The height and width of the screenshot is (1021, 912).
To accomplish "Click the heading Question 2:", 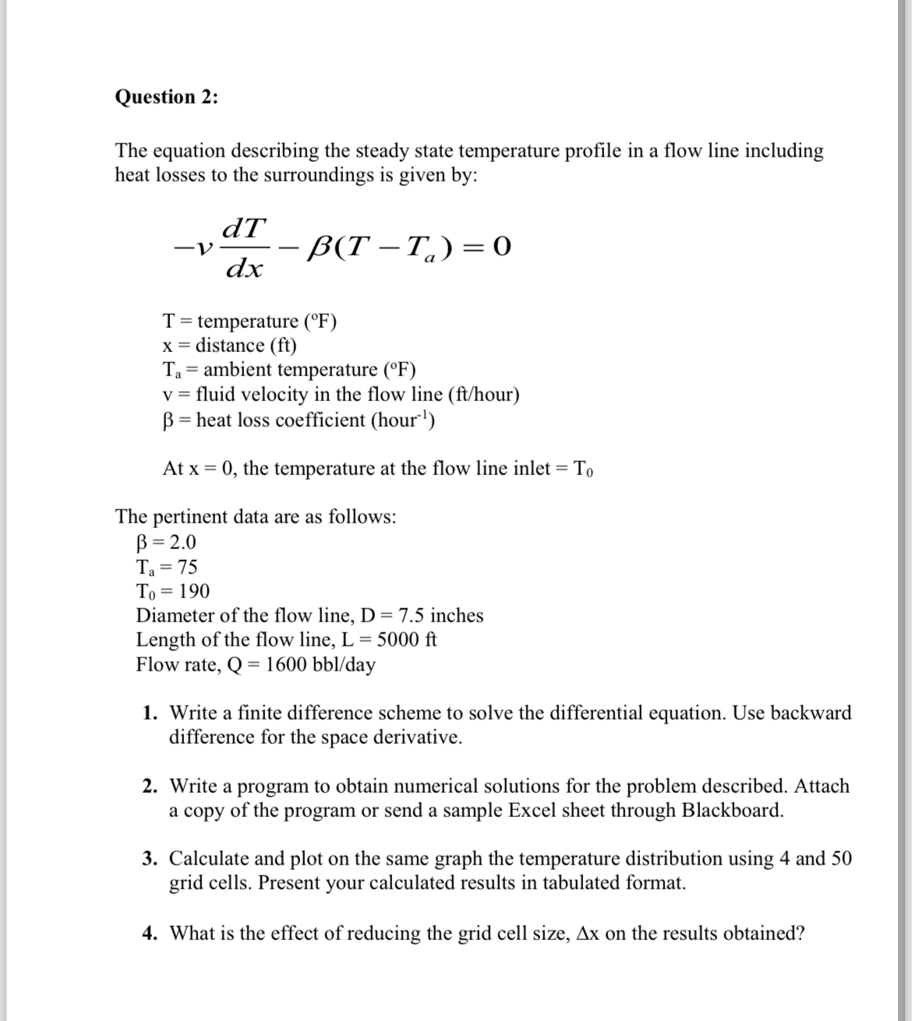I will coord(167,97).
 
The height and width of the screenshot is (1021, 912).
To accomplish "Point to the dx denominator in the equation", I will coord(244,269).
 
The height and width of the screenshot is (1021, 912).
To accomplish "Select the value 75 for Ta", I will coord(186,567).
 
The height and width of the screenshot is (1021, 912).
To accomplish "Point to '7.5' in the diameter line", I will coord(412,616).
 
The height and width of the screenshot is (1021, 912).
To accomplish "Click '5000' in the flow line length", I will coord(399,640).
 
